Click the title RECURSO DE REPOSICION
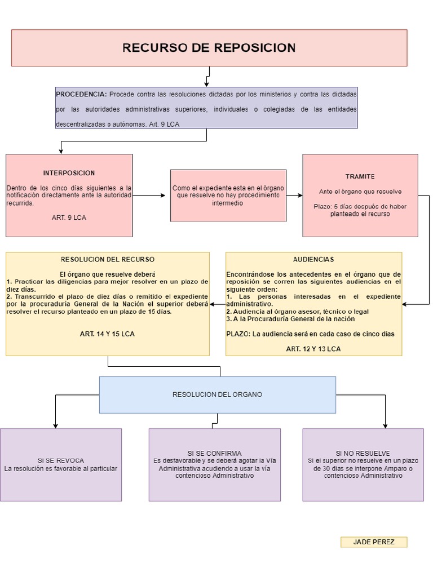[209, 48]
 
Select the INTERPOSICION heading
[69, 173]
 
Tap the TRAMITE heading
[360, 176]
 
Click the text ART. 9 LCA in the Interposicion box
[69, 217]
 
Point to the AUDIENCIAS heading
[313, 259]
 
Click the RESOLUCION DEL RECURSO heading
[107, 259]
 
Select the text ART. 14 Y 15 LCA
[107, 334]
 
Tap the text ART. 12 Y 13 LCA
[313, 349]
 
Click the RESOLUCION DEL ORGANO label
[217, 394]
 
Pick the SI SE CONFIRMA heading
[214, 453]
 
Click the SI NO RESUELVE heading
[363, 453]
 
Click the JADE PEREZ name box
[373, 542]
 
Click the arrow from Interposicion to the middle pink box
[151, 196]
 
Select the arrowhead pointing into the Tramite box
[299, 196]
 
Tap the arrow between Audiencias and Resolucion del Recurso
[218, 304]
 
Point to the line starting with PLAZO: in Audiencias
[310, 334]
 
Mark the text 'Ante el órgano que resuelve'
[360, 192]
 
